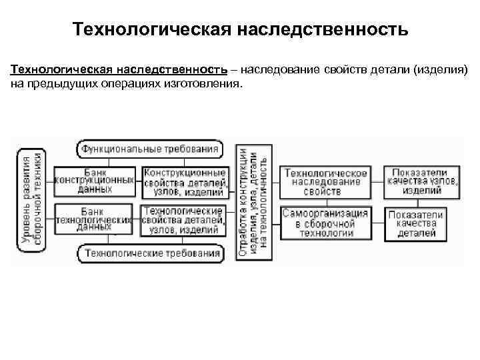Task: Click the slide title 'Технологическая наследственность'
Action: click(x=240, y=30)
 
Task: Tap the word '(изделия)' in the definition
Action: click(x=445, y=70)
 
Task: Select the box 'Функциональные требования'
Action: click(x=150, y=149)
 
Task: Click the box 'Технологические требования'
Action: click(x=150, y=253)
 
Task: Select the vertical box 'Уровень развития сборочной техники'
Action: click(x=32, y=201)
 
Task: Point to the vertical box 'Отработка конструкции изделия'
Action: click(x=254, y=201)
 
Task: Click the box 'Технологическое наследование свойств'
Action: click(x=326, y=182)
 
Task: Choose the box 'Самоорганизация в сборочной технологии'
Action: click(x=326, y=223)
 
